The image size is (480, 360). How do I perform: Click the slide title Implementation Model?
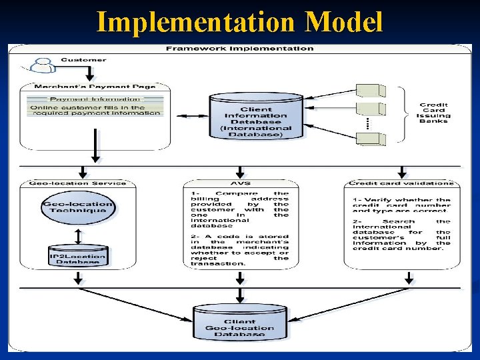pyautogui.click(x=240, y=22)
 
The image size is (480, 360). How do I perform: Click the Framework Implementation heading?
pyautogui.click(x=239, y=49)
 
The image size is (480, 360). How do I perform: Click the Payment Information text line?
pyautogui.click(x=96, y=99)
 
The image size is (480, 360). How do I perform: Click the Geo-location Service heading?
pyautogui.click(x=78, y=183)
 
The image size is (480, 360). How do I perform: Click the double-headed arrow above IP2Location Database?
pyautogui.click(x=77, y=235)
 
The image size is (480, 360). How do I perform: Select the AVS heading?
pyautogui.click(x=239, y=183)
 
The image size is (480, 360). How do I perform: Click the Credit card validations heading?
pyautogui.click(x=401, y=183)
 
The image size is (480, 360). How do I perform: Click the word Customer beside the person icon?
pyautogui.click(x=83, y=60)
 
